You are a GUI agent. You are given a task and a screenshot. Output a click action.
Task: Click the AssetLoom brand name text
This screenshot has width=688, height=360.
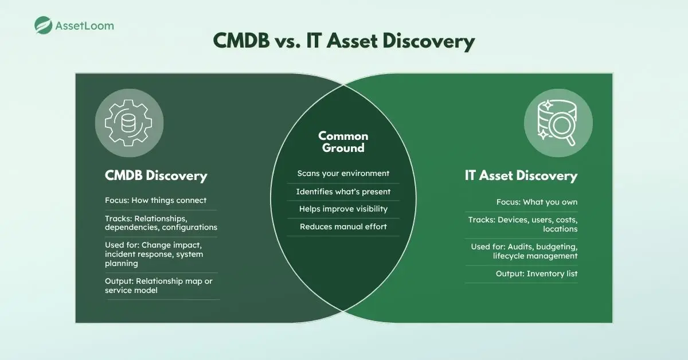pyautogui.click(x=84, y=26)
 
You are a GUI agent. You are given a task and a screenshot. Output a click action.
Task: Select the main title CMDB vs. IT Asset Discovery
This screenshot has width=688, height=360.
pyautogui.click(x=344, y=42)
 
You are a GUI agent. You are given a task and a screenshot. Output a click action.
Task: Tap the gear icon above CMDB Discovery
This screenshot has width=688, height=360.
pyautogui.click(x=129, y=123)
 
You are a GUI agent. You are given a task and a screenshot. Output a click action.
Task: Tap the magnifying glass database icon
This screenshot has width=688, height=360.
pyautogui.click(x=558, y=123)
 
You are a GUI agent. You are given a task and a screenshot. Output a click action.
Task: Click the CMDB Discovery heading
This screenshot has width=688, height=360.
pyautogui.click(x=156, y=175)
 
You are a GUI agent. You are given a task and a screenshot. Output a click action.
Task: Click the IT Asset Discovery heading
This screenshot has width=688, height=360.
pyautogui.click(x=521, y=175)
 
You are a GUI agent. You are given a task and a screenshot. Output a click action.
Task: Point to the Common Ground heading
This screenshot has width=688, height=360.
pyautogui.click(x=343, y=142)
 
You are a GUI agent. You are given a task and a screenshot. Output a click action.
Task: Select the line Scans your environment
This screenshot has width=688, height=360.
pyautogui.click(x=343, y=173)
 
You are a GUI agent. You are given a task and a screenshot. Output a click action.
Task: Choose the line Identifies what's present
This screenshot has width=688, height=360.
pyautogui.click(x=343, y=191)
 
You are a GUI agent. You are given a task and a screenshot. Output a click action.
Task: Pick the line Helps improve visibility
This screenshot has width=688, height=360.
pyautogui.click(x=343, y=209)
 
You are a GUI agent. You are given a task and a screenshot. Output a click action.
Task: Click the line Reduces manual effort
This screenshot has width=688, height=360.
pyautogui.click(x=343, y=227)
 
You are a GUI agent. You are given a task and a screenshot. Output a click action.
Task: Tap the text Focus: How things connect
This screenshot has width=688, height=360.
pyautogui.click(x=155, y=201)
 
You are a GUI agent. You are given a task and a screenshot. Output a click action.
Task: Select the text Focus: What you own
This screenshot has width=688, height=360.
pyautogui.click(x=537, y=202)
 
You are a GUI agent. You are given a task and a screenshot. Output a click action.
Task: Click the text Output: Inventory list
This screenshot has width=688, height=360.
pyautogui.click(x=536, y=274)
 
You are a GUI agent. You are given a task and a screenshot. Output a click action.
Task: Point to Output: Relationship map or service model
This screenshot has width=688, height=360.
pyautogui.click(x=158, y=285)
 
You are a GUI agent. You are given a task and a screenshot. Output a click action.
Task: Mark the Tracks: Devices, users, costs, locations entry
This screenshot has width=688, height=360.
pyautogui.click(x=522, y=224)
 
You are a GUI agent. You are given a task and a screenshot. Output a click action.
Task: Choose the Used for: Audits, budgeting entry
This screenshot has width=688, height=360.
pyautogui.click(x=524, y=251)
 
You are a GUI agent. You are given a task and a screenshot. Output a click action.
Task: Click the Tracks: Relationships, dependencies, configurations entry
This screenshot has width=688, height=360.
pyautogui.click(x=161, y=223)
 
